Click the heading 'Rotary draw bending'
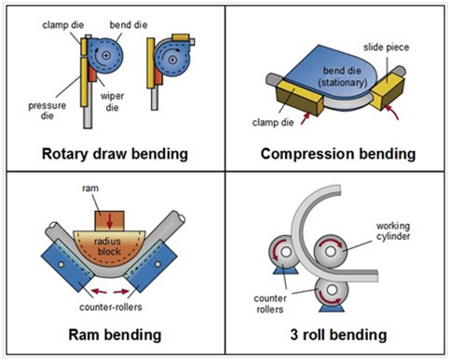[x=115, y=154]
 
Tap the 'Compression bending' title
[x=338, y=154]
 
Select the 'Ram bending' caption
[x=115, y=335]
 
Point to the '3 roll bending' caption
[x=338, y=335]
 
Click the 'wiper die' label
[x=112, y=102]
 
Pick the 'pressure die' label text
[x=48, y=110]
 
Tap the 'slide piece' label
[x=386, y=48]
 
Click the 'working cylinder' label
[x=393, y=231]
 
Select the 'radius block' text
[x=107, y=246]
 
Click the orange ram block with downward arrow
[x=110, y=221]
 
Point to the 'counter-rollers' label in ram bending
[x=111, y=307]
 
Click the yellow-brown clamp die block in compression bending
[x=300, y=96]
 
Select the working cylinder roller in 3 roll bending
[x=331, y=251]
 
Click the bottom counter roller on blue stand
[x=332, y=291]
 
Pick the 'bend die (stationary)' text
[x=343, y=76]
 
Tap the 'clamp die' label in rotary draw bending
[x=63, y=25]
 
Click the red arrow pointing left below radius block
[x=99, y=291]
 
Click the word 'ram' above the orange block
[x=90, y=188]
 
